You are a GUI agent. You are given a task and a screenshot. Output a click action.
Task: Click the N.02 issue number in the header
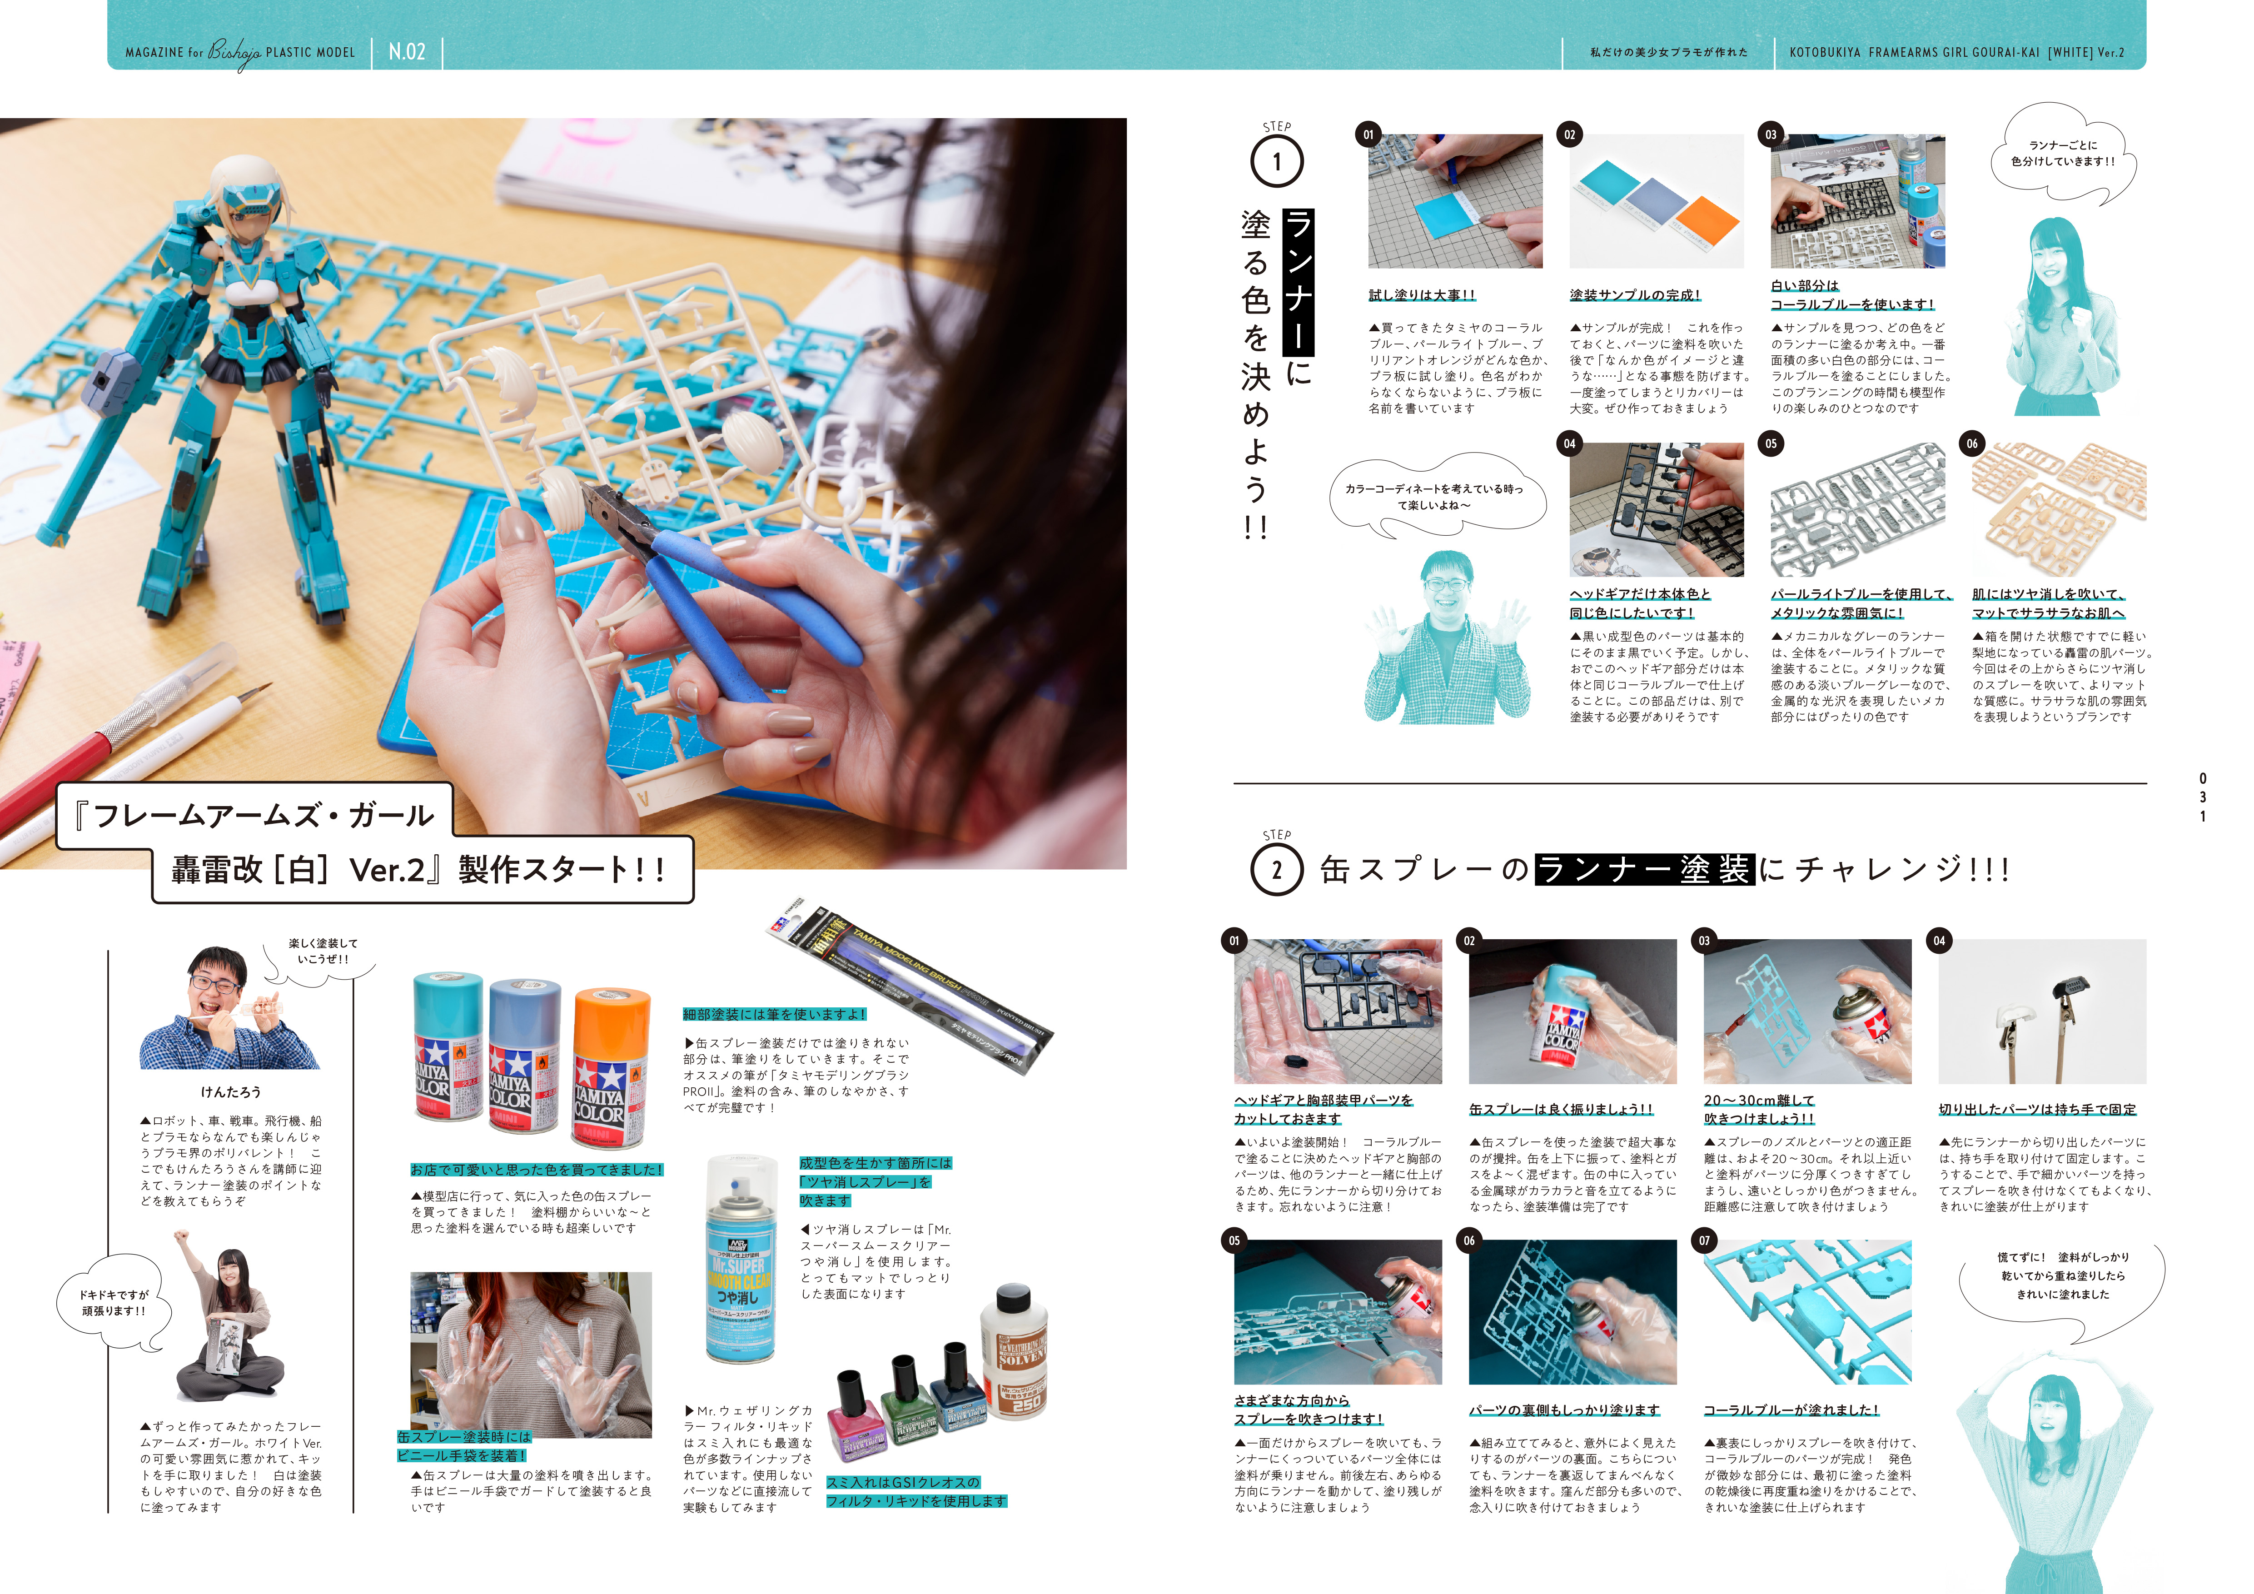coord(407,52)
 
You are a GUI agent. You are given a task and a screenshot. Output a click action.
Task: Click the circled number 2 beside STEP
coord(1277,870)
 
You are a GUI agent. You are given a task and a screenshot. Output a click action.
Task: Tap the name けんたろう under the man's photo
coord(231,1091)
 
